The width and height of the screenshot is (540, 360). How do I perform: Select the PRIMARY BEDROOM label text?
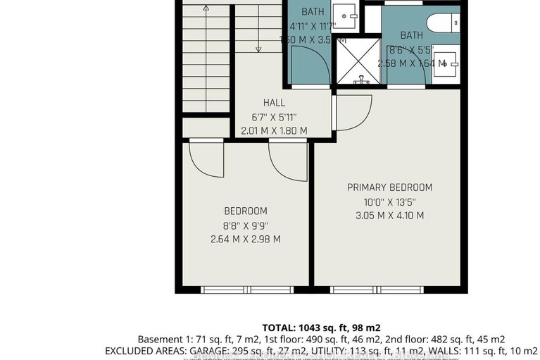click(x=389, y=187)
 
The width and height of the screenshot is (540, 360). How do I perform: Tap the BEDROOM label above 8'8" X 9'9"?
click(x=245, y=211)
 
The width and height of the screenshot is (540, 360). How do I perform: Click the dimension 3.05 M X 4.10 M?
click(x=389, y=216)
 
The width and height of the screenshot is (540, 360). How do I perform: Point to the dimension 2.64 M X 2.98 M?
click(x=245, y=239)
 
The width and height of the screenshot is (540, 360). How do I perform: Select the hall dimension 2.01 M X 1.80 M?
click(x=274, y=130)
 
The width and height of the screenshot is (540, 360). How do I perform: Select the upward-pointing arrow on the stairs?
click(x=206, y=8)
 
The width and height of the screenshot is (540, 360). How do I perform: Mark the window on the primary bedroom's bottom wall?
click(x=377, y=290)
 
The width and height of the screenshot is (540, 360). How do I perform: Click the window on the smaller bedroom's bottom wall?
click(x=246, y=290)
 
